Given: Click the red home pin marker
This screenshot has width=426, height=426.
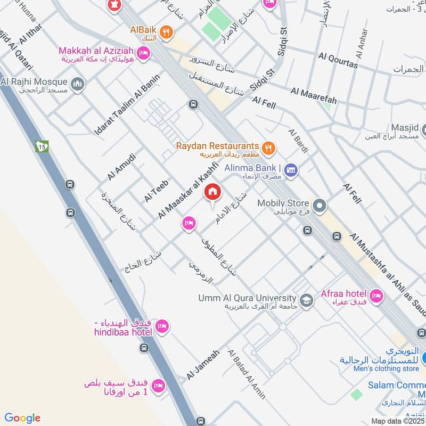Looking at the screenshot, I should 213,192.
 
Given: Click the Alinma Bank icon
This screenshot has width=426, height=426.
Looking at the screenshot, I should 291,170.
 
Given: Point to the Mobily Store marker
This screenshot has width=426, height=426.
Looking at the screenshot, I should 319,205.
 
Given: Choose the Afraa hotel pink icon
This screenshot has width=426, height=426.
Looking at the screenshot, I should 376,296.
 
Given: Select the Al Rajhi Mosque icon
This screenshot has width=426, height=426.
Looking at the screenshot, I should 78,84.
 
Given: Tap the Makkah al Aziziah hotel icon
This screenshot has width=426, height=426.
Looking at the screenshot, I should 143,53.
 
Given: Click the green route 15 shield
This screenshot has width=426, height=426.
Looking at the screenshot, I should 43,146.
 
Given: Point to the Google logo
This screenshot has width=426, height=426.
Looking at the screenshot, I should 22,418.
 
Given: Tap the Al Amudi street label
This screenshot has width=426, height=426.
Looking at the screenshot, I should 122,167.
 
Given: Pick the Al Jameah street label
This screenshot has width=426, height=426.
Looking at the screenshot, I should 203,364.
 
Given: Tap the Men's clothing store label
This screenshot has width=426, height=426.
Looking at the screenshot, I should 380,368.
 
